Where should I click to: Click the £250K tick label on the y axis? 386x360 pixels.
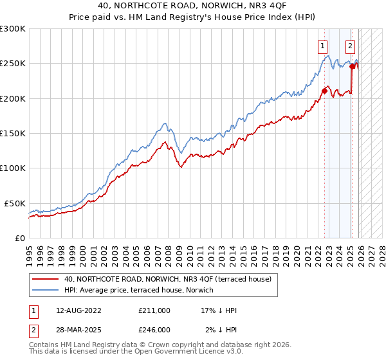click(12, 64)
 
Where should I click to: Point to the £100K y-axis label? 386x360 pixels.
click(12, 168)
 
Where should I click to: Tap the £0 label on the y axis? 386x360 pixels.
click(21, 238)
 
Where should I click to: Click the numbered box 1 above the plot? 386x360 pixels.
click(321, 46)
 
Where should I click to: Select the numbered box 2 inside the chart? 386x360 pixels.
click(349, 46)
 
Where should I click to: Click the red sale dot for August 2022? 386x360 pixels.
click(324, 91)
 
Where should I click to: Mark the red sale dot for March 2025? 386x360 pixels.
click(353, 66)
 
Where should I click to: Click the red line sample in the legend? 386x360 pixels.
click(46, 279)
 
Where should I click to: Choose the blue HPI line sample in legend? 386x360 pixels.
click(46, 289)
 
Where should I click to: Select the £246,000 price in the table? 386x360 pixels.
click(154, 329)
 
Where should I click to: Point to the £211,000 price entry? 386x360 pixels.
click(154, 310)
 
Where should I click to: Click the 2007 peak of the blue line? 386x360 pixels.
click(165, 123)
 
